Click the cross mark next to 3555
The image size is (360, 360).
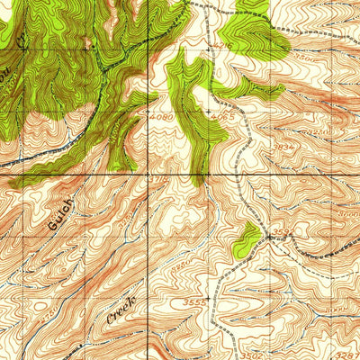point(209,298)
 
